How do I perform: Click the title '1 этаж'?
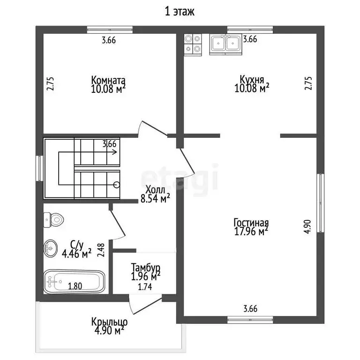click(x=180, y=11)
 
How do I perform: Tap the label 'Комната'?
click(x=108, y=80)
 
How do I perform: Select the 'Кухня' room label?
click(x=252, y=79)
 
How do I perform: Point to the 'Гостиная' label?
click(x=251, y=223)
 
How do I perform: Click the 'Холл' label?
click(x=155, y=190)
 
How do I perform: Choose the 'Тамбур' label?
click(x=146, y=268)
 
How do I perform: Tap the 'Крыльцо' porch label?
click(x=109, y=322)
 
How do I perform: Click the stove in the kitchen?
click(x=193, y=45)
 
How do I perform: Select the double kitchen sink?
click(x=225, y=45)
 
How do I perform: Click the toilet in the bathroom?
click(x=53, y=220)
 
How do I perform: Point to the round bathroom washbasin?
click(x=51, y=248)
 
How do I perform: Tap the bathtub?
click(x=74, y=282)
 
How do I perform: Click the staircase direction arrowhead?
click(x=114, y=152)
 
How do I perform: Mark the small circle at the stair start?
click(x=117, y=185)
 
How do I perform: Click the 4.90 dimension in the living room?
click(x=307, y=226)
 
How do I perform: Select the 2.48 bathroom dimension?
click(x=101, y=250)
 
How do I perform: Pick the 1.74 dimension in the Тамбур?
click(x=145, y=287)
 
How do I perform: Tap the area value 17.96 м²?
click(x=251, y=232)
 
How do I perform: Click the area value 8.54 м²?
click(x=155, y=198)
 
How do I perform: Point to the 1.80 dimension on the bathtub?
click(x=75, y=286)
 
